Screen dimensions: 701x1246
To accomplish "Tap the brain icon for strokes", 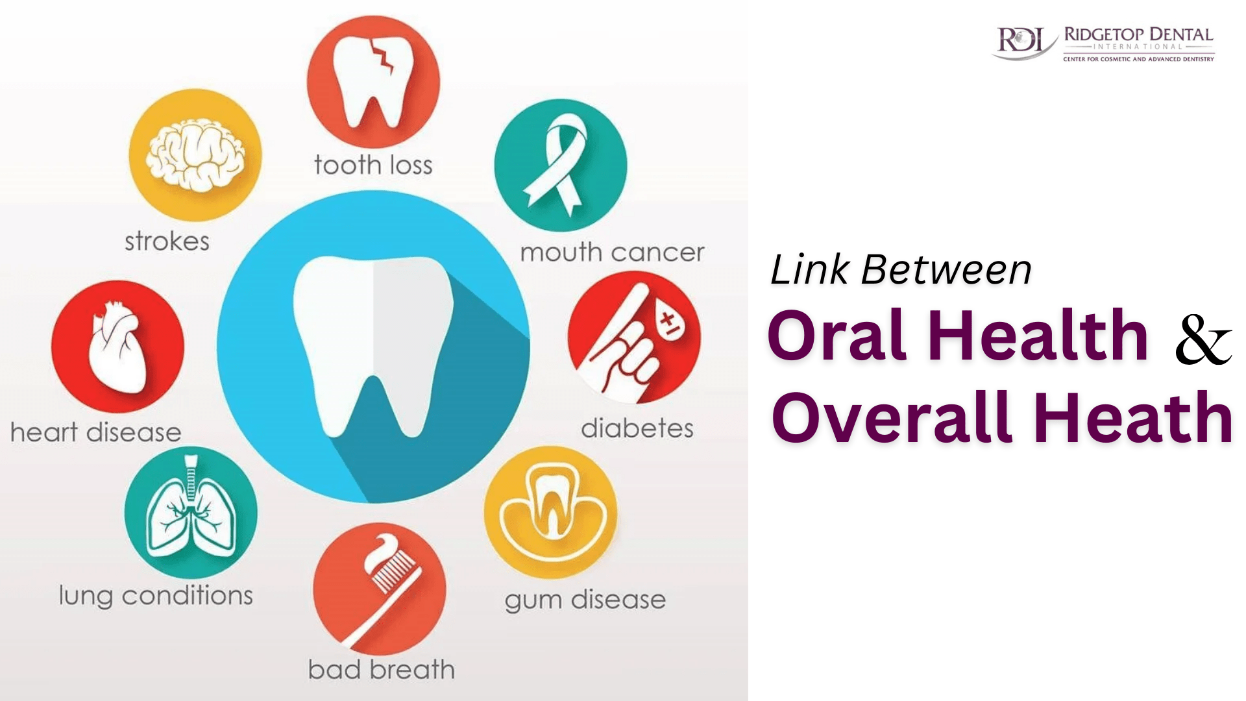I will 195,154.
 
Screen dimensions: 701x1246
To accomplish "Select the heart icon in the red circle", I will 117,347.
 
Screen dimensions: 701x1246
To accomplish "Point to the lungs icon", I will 191,512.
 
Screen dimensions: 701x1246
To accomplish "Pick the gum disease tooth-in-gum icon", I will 551,512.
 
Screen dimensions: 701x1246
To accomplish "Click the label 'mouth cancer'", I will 612,252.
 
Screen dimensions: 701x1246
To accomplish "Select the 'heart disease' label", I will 96,432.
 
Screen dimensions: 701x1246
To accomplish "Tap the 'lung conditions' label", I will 156,596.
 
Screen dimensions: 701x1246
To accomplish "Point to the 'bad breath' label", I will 382,670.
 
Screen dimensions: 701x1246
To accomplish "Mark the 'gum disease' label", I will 585,600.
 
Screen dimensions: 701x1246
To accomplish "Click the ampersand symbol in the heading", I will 1203,339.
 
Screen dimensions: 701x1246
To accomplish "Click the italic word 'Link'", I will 810,269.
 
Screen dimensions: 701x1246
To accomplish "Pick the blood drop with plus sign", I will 668,322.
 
